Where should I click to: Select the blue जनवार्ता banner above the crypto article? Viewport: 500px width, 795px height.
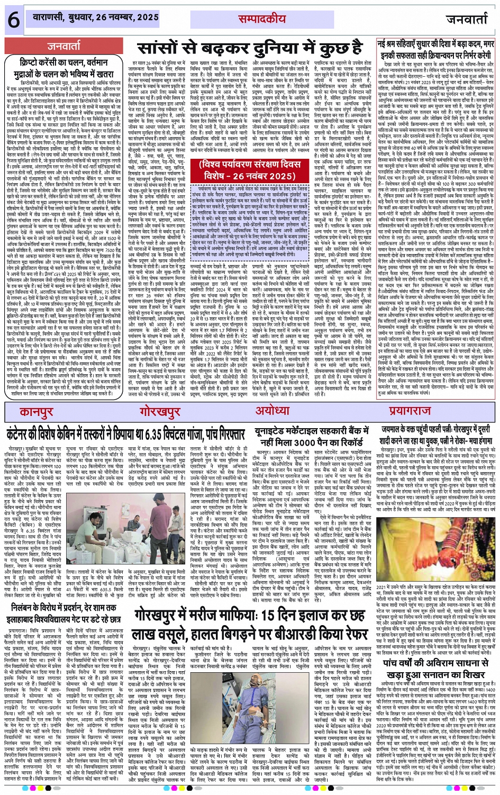63,46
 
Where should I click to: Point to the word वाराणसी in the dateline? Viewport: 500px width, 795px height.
50,17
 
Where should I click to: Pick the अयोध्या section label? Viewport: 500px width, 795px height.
272,411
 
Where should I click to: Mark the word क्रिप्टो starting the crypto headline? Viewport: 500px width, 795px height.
31,62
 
